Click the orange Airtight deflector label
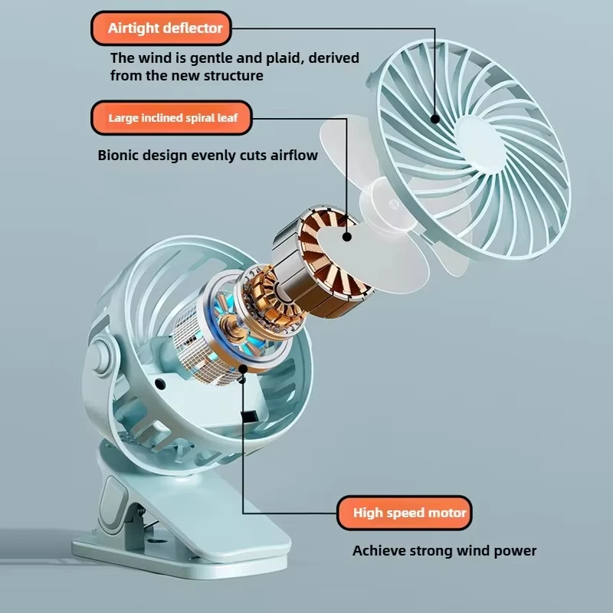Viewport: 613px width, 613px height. click(x=161, y=28)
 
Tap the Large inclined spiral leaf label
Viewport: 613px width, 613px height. click(x=171, y=118)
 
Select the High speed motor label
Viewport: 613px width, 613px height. click(x=405, y=513)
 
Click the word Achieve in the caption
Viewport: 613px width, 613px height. click(x=379, y=550)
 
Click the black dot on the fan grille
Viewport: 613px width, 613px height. click(x=435, y=119)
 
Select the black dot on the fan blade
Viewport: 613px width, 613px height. click(x=347, y=237)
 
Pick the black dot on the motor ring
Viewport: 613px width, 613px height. click(x=243, y=369)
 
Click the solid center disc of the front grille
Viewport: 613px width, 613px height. click(x=480, y=144)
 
